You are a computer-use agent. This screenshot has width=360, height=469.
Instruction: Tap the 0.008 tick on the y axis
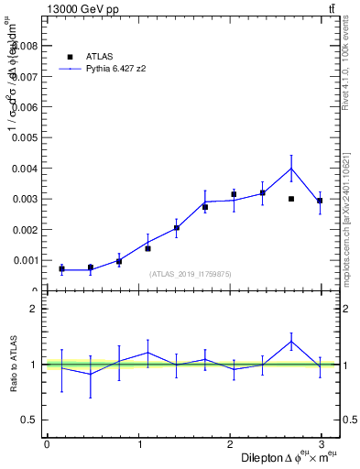tap(26, 46)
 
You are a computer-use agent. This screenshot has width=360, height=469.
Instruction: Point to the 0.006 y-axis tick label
tap(26, 107)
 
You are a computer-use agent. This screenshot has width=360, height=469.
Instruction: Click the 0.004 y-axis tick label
tap(26, 169)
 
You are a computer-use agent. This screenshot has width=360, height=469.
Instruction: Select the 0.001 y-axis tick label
tap(26, 260)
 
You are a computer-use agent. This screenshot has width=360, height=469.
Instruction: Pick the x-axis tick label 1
tap(139, 444)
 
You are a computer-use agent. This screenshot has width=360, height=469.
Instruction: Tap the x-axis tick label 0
tap(47, 444)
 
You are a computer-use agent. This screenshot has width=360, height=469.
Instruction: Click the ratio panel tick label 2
tap(33, 310)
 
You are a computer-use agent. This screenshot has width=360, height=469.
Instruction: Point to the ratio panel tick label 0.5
tap(29, 420)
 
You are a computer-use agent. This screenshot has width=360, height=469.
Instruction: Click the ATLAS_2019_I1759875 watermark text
tap(191, 274)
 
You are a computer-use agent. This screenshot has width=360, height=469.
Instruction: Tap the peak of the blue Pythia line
tap(291, 169)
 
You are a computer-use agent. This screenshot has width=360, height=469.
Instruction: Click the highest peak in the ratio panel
tap(291, 342)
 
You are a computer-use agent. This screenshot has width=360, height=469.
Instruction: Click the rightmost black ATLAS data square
tap(320, 201)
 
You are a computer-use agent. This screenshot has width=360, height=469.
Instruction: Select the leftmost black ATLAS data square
tap(61, 268)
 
